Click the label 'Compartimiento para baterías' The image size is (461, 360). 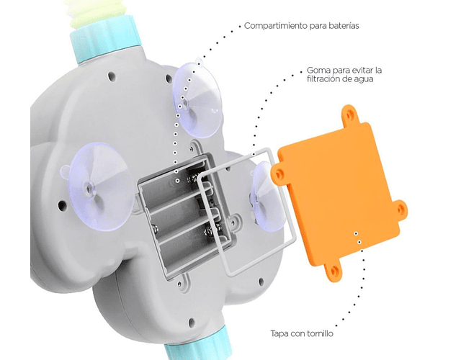(x=301, y=26)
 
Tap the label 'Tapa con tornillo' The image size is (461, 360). (x=302, y=333)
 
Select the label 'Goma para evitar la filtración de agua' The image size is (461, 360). (x=344, y=75)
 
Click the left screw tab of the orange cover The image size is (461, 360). (x=279, y=174)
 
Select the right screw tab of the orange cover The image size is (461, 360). (x=400, y=209)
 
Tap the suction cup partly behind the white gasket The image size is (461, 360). (x=266, y=197)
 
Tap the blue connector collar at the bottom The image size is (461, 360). (x=197, y=346)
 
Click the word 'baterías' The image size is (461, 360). (x=344, y=26)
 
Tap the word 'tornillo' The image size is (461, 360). (x=320, y=333)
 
